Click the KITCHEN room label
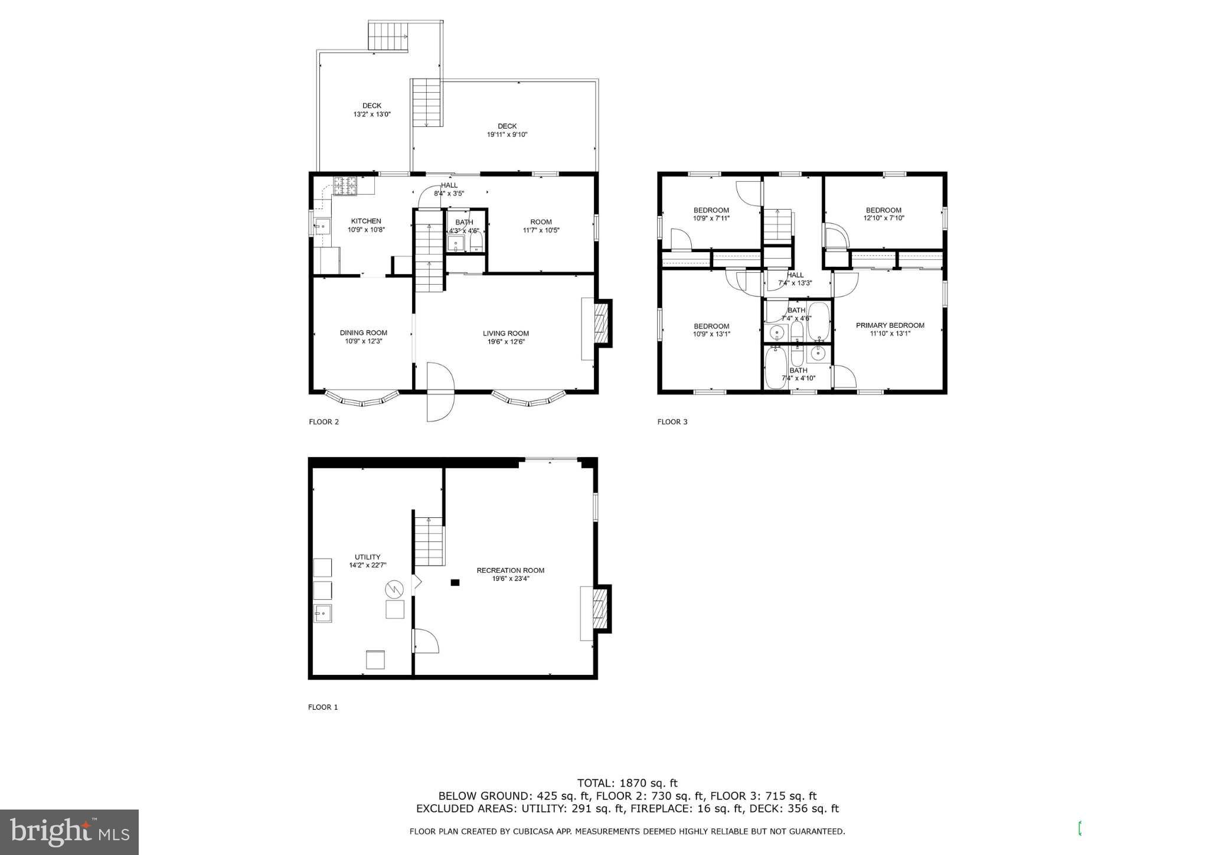pyautogui.click(x=366, y=221)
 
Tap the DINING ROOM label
pyautogui.click(x=363, y=332)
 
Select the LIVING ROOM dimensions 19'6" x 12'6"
pyautogui.click(x=505, y=342)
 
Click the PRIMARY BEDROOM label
pyautogui.click(x=890, y=325)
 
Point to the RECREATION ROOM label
pyautogui.click(x=510, y=570)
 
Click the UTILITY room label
pyautogui.click(x=367, y=557)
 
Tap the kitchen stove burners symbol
pyautogui.click(x=347, y=186)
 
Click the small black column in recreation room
pyautogui.click(x=455, y=583)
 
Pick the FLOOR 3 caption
pyautogui.click(x=672, y=422)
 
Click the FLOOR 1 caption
pyautogui.click(x=323, y=707)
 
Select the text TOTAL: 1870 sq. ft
pyautogui.click(x=627, y=784)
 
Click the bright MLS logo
pyautogui.click(x=69, y=832)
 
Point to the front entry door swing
pyautogui.click(x=439, y=392)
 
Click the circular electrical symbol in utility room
pyautogui.click(x=393, y=589)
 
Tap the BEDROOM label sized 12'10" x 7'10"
pyautogui.click(x=883, y=210)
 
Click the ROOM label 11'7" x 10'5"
pyautogui.click(x=541, y=222)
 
